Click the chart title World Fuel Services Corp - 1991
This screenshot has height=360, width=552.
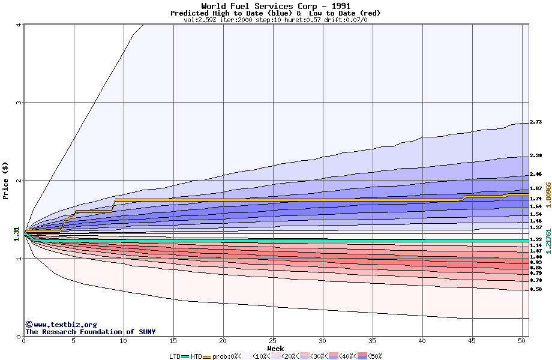[275, 6]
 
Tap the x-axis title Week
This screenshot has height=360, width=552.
[275, 349]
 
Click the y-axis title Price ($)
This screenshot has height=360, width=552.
[5, 180]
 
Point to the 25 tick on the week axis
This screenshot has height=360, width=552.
[273, 341]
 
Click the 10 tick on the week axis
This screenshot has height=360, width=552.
[124, 341]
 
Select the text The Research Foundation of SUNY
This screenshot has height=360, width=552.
[90, 332]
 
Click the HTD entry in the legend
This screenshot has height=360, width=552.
[196, 356]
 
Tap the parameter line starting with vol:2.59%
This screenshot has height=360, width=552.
[275, 20]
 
